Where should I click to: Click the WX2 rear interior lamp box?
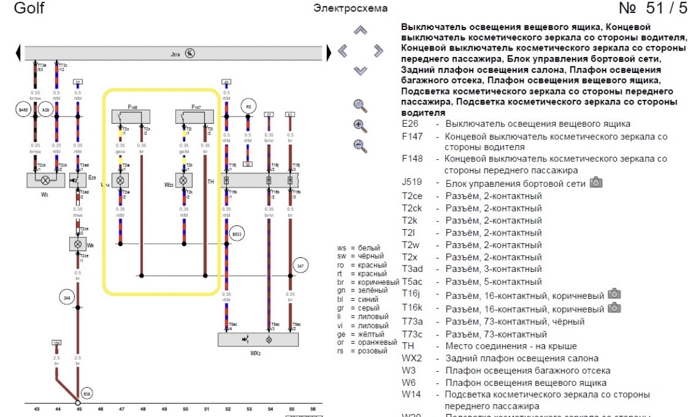click(258, 339)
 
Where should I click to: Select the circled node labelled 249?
click(66, 298)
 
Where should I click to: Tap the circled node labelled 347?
click(300, 266)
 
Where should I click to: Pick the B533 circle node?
click(237, 233)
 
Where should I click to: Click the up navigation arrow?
click(360, 30)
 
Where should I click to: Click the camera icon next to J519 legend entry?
click(596, 183)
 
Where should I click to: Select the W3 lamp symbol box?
click(45, 180)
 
